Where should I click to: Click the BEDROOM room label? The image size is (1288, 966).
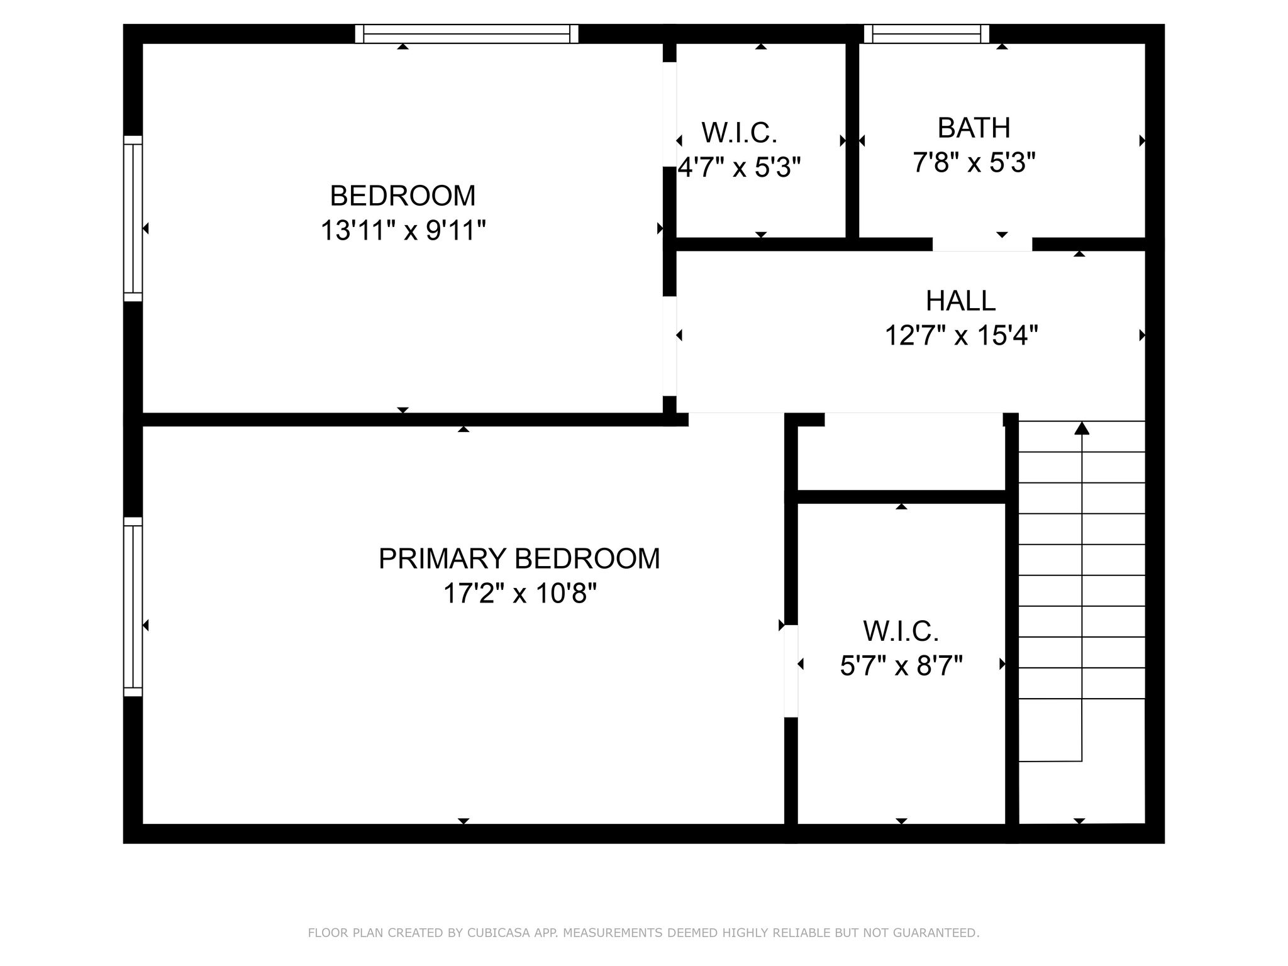(402, 196)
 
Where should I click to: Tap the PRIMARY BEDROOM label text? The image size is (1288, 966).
(519, 558)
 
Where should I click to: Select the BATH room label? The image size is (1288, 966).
(974, 128)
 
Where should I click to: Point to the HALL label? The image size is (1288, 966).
(960, 301)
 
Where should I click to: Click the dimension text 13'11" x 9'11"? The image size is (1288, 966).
(403, 230)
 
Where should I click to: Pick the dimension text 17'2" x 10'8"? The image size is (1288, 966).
(519, 593)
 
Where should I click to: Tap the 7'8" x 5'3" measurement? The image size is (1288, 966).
(974, 163)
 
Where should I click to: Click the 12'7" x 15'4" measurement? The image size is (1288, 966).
(961, 335)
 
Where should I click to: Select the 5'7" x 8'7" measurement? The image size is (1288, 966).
(901, 665)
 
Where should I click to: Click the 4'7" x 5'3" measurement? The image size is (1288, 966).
(739, 167)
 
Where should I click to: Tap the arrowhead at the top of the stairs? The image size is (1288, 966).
(1082, 428)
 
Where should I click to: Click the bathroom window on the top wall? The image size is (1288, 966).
(926, 34)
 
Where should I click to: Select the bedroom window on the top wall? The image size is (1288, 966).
(467, 34)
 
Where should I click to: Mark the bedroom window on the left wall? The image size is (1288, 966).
(133, 218)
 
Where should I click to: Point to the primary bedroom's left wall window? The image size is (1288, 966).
(133, 607)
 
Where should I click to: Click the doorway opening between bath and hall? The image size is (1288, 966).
(982, 244)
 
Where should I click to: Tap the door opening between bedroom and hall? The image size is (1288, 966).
(670, 346)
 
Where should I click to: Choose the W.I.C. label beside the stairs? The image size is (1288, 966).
(901, 631)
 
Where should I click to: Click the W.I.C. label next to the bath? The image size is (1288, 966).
(740, 133)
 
